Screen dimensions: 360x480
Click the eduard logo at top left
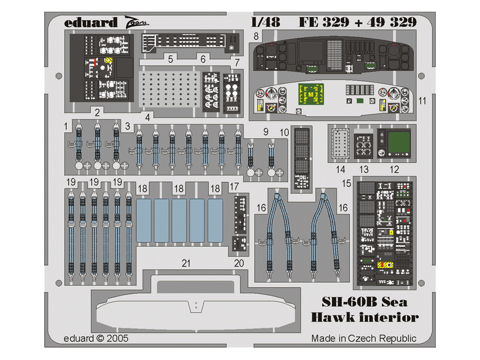tap(90, 23)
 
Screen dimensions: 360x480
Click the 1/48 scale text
tap(265, 23)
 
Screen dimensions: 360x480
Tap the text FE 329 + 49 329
tap(358, 23)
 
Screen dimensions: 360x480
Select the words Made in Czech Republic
tap(364, 339)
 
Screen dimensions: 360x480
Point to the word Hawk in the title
tap(335, 317)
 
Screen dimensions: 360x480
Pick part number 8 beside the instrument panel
tap(255, 37)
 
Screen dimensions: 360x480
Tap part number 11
tap(422, 100)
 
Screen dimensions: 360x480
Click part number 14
tap(340, 168)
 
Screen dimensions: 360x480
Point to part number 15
tap(346, 183)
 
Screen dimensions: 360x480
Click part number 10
tap(283, 133)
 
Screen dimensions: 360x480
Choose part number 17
tap(234, 186)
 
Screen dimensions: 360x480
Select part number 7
tap(236, 64)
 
